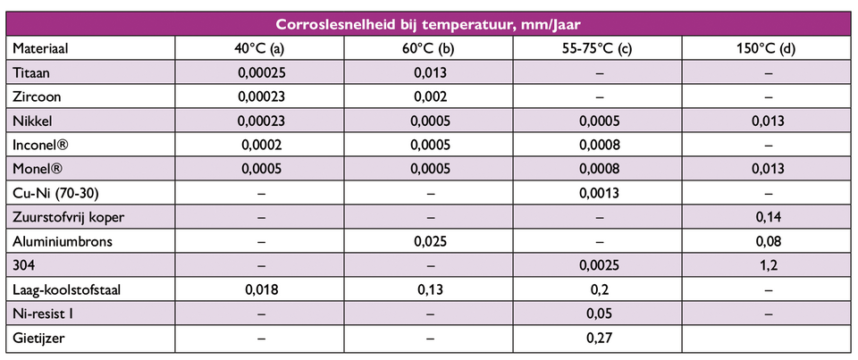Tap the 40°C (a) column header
coord(259,48)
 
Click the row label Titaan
coord(32,72)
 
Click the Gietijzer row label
coord(39,338)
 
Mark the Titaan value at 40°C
coord(259,72)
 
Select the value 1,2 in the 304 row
coord(768,265)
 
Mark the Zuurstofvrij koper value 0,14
coord(768,217)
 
